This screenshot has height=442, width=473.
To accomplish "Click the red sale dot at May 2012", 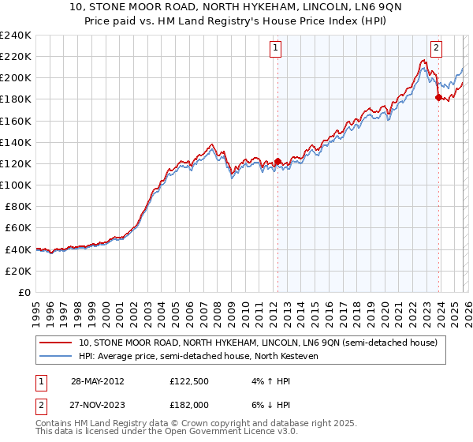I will tap(277, 161).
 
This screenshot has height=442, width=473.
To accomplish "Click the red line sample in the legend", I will tap(56, 343).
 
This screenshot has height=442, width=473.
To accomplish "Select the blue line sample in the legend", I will tap(56, 356).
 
